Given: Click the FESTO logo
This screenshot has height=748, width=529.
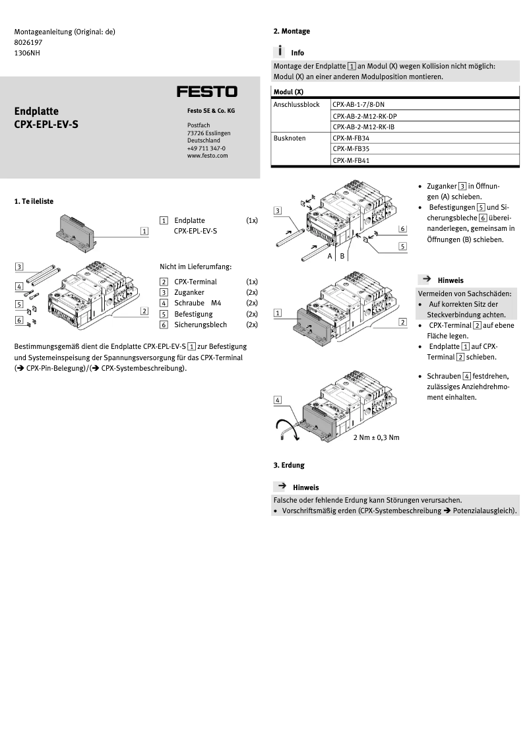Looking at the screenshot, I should tap(206, 92).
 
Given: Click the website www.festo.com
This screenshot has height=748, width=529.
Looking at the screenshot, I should tap(207, 156).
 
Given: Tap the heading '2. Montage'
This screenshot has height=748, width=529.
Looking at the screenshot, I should tap(292, 31).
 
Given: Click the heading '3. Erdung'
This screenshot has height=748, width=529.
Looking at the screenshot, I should tap(289, 465).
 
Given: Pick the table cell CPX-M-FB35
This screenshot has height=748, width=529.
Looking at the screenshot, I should tap(351, 149).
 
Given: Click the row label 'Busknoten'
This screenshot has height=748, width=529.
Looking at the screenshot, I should tap(290, 138).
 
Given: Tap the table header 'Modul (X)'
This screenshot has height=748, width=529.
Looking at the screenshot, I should tap(288, 92).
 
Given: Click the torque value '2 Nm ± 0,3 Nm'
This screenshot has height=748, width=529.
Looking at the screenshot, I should tap(376, 437).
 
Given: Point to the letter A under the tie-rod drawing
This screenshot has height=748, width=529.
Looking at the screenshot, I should tap(330, 256).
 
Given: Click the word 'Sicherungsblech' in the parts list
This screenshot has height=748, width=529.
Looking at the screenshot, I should tap(201, 325).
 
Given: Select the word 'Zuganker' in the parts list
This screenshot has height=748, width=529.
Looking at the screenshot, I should tap(189, 292).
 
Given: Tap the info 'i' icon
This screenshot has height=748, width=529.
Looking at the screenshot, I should tap(280, 51).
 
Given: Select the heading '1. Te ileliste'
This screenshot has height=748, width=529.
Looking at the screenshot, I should tap(38, 201).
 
